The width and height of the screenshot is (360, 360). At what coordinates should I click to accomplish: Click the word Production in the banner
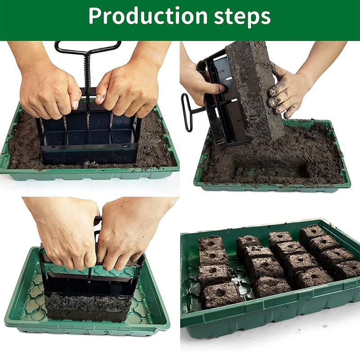148,16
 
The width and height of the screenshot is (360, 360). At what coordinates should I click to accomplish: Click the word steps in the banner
243,17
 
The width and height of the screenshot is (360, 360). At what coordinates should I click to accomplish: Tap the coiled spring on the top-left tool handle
87,71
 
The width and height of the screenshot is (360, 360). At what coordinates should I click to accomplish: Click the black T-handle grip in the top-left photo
88,48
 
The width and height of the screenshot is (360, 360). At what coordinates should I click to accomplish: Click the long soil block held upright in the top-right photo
255,90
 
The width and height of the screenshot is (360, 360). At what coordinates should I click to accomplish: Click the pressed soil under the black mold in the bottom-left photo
88,308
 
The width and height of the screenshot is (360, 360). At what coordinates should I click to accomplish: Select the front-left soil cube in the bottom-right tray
221,295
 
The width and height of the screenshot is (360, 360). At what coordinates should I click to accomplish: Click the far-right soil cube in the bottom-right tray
347,269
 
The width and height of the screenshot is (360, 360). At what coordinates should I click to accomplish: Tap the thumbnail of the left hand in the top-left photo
75,105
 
